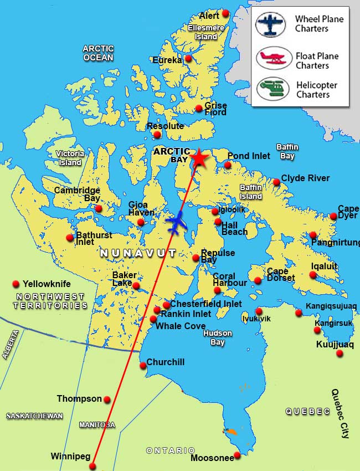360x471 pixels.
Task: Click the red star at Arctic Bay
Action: click(x=199, y=159)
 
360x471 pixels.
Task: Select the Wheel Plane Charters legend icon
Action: click(x=270, y=24)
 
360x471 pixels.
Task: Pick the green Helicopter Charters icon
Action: click(x=270, y=89)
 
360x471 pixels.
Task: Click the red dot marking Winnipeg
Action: click(x=92, y=466)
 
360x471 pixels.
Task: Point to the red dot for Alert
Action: click(x=225, y=13)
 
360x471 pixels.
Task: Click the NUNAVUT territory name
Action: click(x=138, y=253)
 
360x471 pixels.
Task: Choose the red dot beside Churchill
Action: click(x=143, y=365)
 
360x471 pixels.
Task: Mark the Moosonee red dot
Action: click(x=237, y=455)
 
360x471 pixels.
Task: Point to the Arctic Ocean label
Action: click(x=98, y=53)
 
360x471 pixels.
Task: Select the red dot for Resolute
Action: click(x=157, y=135)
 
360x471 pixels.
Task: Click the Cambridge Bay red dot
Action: click(x=99, y=209)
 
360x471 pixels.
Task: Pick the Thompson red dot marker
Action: click(x=107, y=400)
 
